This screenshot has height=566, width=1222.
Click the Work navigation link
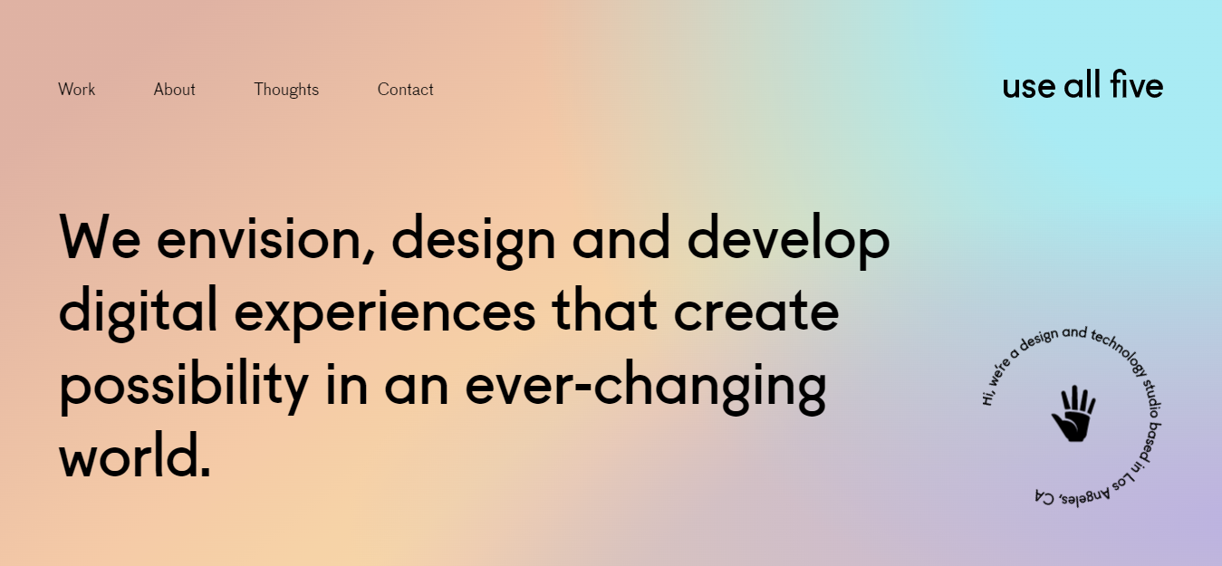tap(76, 90)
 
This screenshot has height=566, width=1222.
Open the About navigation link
tap(174, 90)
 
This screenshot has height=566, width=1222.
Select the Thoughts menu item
tap(286, 90)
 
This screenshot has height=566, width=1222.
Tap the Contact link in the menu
tap(405, 90)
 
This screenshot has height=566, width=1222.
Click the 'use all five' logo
tap(1082, 86)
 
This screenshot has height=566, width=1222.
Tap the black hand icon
tap(1073, 416)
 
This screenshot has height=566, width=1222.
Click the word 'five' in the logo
tap(1136, 86)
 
